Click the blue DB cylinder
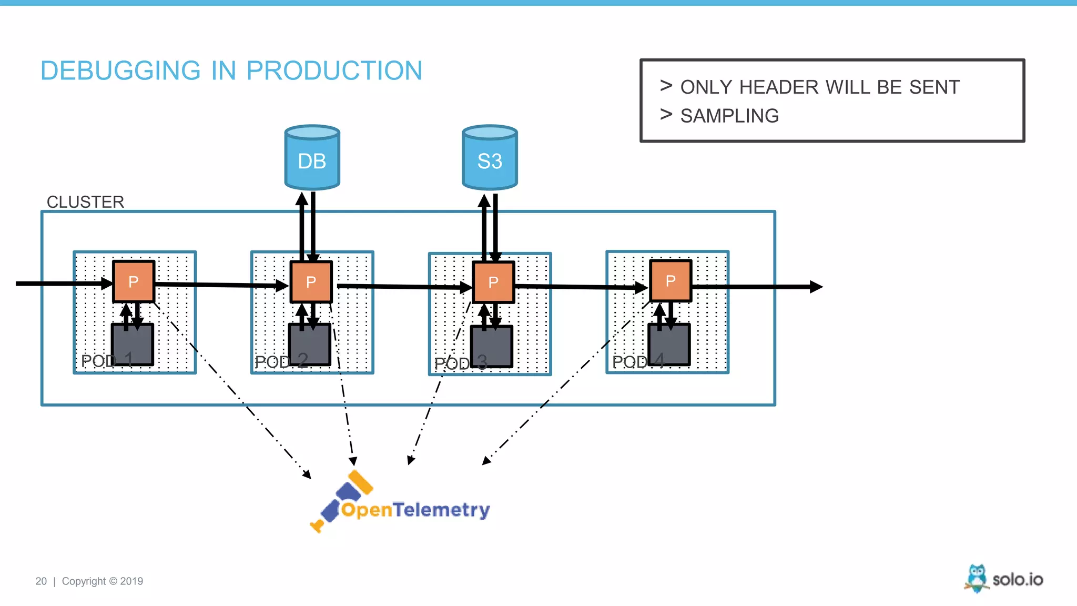pos(312,158)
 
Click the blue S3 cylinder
pos(490,158)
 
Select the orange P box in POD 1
pos(134,281)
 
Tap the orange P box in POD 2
pos(311,282)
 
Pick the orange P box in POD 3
pos(493,282)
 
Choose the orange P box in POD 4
pos(670,281)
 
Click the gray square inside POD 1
pos(133,345)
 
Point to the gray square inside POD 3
pos(492,346)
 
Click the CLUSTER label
pos(85,202)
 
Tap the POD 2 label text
pos(281,361)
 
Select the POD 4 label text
pos(638,361)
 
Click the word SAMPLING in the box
pos(729,116)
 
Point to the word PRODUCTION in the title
pos(334,70)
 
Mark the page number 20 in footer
pos(41,581)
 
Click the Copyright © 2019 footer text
pos(103,581)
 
